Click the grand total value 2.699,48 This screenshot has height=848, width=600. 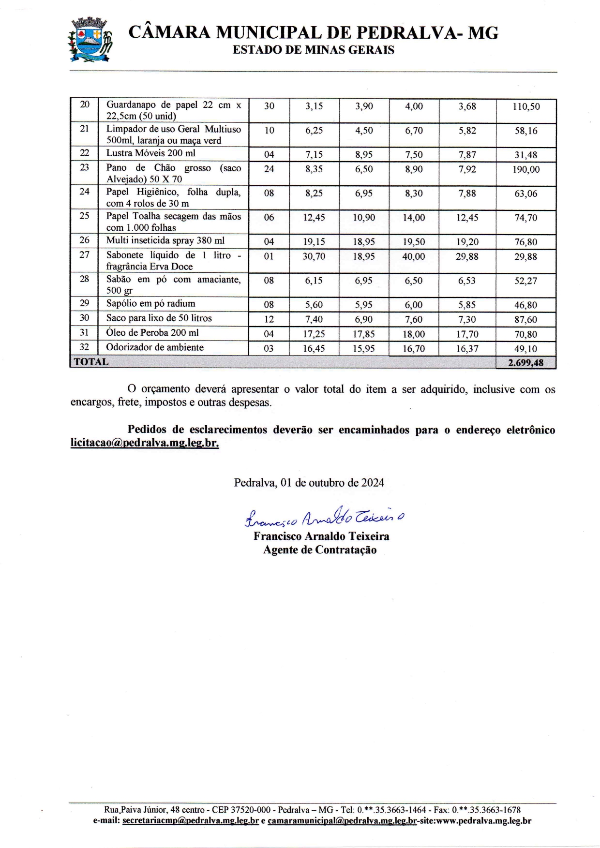click(x=525, y=363)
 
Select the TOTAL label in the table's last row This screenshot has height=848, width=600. click(x=91, y=362)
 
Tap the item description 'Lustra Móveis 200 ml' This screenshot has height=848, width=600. click(x=151, y=153)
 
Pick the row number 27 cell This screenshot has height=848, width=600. click(x=85, y=255)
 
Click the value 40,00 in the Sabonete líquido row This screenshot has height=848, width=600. click(x=414, y=256)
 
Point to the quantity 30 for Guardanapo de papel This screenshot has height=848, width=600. click(x=269, y=106)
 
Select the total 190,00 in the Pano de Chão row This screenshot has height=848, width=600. click(x=526, y=169)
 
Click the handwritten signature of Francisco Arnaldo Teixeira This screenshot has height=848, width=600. click(x=324, y=518)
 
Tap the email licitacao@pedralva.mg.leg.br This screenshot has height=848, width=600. click(x=145, y=443)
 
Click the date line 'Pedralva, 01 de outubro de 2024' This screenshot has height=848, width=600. click(x=309, y=483)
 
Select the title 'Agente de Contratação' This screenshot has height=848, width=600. click(x=320, y=550)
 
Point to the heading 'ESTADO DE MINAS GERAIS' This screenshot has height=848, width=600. click(x=314, y=50)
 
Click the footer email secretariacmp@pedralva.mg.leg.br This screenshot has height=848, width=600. click(x=191, y=821)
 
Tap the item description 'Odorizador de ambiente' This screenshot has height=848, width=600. click(x=155, y=347)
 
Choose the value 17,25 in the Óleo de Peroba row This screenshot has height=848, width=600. click(x=314, y=334)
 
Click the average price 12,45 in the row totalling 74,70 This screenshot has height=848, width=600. click(x=467, y=218)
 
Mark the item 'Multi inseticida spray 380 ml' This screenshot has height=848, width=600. click(x=165, y=240)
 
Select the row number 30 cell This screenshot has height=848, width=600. click(x=85, y=318)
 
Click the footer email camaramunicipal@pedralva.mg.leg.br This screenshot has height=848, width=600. click(x=342, y=821)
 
